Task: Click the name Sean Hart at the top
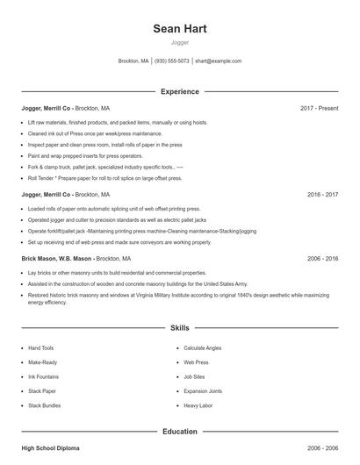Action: (179, 29)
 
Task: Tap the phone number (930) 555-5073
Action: (172, 61)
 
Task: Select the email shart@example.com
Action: (218, 61)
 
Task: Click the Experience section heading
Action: (179, 91)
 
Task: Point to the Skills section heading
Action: (179, 328)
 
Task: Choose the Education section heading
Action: (179, 432)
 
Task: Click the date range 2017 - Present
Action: (319, 108)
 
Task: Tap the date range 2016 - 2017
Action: (322, 194)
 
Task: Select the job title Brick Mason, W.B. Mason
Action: (56, 260)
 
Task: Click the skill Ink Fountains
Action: (45, 376)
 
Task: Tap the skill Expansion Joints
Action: (203, 390)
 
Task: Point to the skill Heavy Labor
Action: (198, 405)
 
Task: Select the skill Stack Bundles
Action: (45, 405)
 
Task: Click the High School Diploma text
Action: (50, 448)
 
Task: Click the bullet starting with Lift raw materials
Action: (118, 122)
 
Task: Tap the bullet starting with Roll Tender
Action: (105, 178)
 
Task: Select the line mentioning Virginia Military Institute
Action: (176, 296)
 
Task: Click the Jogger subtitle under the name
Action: (179, 42)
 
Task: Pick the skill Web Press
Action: (196, 362)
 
